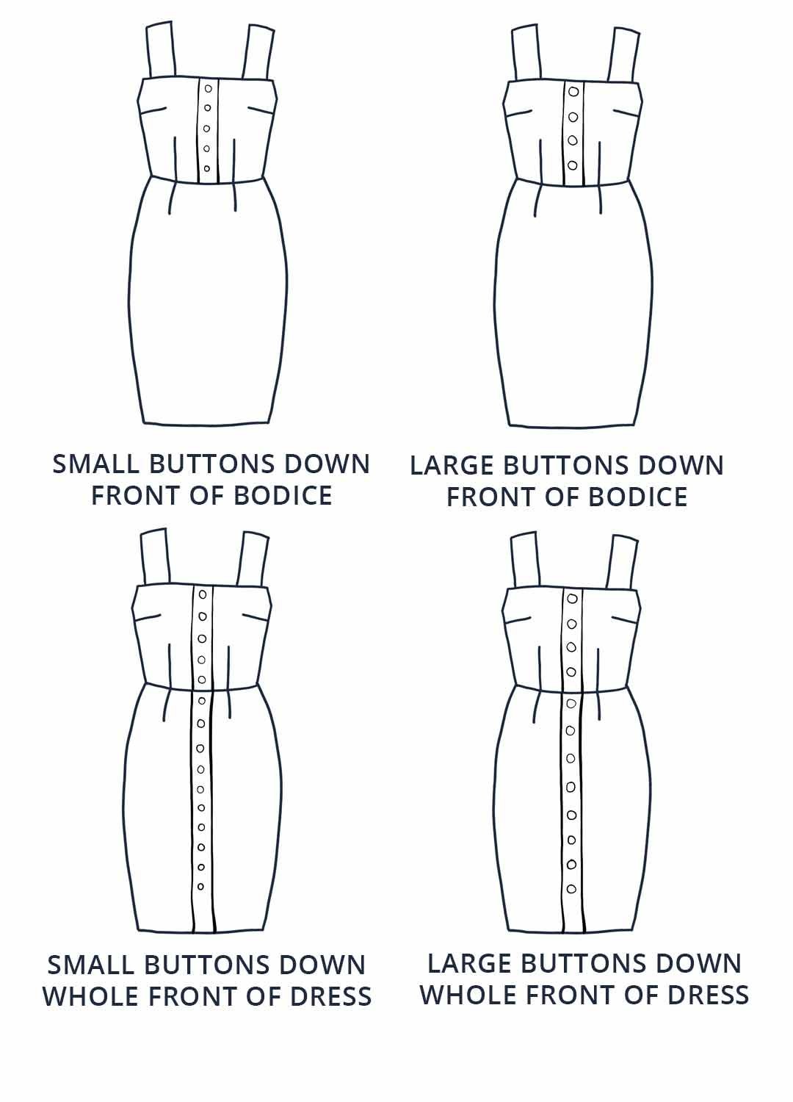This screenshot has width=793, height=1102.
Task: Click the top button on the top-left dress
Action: pyautogui.click(x=208, y=89)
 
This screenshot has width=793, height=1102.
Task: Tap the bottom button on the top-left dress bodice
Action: pyautogui.click(x=207, y=168)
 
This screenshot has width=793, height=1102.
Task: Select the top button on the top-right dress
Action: pyautogui.click(x=573, y=92)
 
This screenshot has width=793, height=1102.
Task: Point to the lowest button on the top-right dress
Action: pyautogui.click(x=573, y=165)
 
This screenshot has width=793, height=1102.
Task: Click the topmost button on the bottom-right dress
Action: pyautogui.click(x=572, y=599)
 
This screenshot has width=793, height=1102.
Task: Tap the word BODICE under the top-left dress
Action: pyautogui.click(x=283, y=495)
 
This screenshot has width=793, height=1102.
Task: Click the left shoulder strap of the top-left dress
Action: pyautogui.click(x=159, y=50)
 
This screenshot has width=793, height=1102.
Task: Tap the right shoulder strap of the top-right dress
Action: pyautogui.click(x=624, y=54)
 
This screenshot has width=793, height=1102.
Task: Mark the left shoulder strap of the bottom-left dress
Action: pyautogui.click(x=156, y=558)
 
